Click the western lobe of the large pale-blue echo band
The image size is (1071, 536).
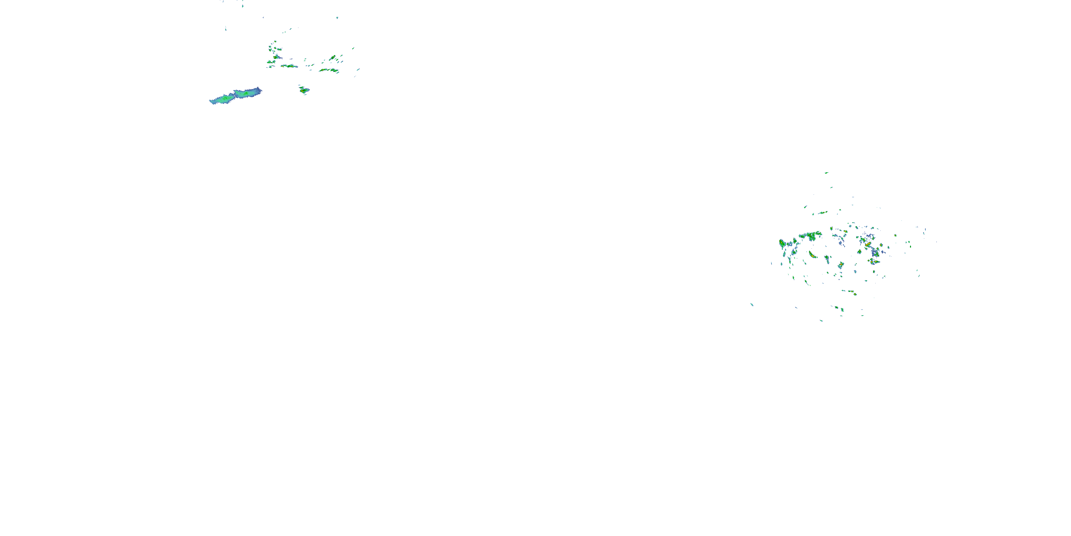point(223,99)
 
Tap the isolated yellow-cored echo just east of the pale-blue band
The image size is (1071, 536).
point(304,89)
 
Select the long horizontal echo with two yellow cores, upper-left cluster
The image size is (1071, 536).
point(289,66)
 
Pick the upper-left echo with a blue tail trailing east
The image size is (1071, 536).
point(276,56)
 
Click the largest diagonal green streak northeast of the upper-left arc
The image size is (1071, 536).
point(333,58)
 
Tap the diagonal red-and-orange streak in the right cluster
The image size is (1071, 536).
point(868,244)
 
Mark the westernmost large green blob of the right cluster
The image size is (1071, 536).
point(782,243)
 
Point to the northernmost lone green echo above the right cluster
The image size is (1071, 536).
point(826,173)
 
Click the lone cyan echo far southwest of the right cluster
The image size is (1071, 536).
point(752,304)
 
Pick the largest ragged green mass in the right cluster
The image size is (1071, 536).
point(811,236)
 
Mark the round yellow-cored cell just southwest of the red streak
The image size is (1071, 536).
point(859,252)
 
